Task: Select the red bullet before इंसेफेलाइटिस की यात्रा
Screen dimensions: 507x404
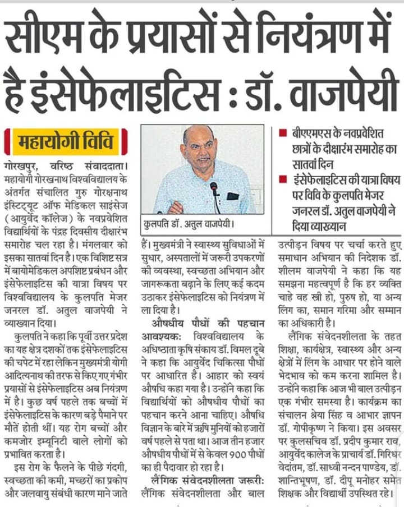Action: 282,180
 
